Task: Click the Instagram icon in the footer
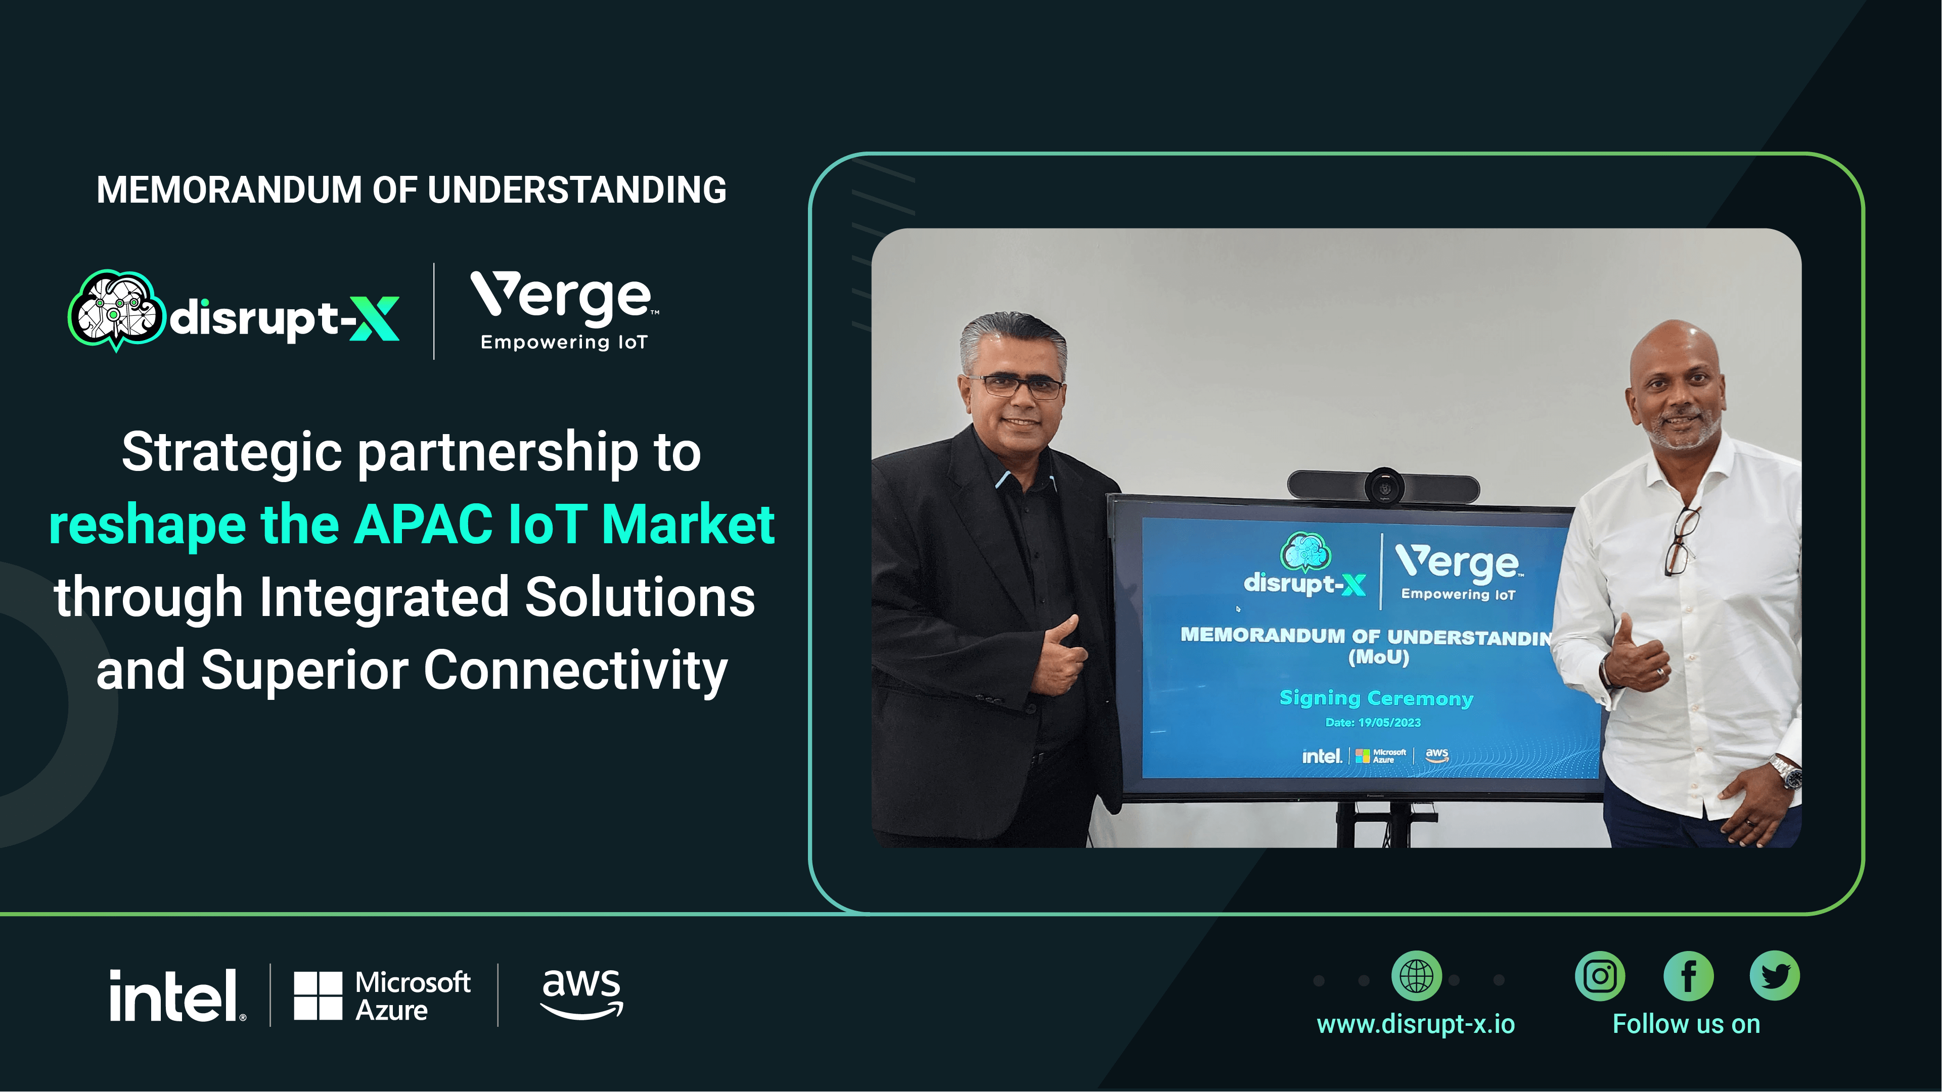(1600, 976)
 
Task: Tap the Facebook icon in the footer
(1688, 976)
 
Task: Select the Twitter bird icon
(1775, 976)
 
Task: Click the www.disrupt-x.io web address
(1415, 1024)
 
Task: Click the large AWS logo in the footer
(582, 993)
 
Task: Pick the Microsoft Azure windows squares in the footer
(318, 995)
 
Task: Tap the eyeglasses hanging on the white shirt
(1681, 540)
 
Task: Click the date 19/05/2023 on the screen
(1389, 722)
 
